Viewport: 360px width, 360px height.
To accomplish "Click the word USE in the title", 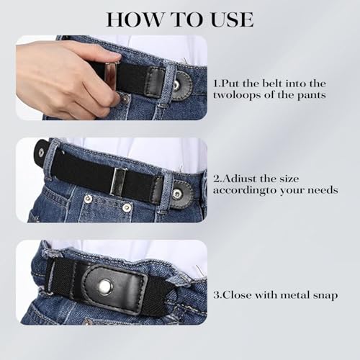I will (228, 19).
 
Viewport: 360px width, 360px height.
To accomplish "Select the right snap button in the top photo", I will (176, 85).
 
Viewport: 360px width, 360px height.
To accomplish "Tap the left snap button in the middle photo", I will (40, 152).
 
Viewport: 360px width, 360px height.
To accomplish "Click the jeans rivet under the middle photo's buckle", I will (127, 207).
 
